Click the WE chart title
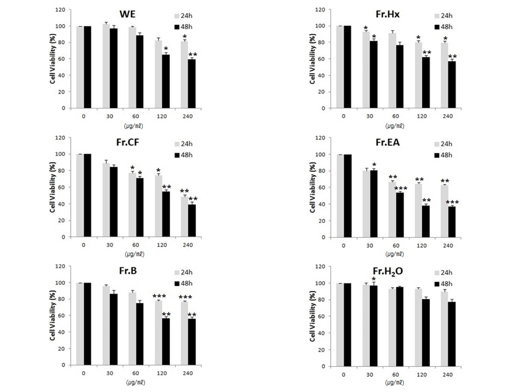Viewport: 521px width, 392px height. (127, 14)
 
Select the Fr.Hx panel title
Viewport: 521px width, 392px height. (387, 14)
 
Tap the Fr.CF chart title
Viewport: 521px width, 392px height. (127, 142)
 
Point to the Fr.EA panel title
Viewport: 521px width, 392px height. (387, 142)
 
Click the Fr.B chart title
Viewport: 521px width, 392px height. (128, 271)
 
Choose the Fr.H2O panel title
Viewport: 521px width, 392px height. (388, 272)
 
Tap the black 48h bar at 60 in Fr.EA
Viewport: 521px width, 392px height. (400, 215)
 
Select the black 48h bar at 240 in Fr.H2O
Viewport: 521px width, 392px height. (452, 334)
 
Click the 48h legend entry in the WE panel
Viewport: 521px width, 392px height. (183, 27)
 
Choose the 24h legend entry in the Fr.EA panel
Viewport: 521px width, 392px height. (443, 144)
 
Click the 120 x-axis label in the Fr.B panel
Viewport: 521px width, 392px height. (162, 373)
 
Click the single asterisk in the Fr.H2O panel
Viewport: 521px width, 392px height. (374, 279)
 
